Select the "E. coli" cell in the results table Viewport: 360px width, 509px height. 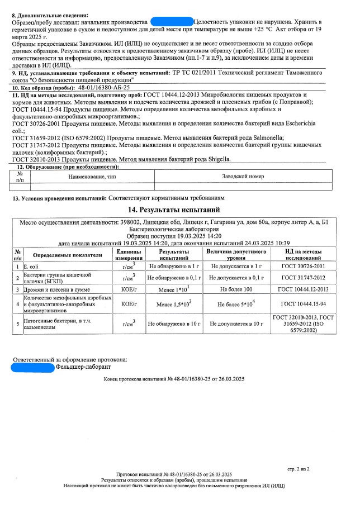click(33, 267)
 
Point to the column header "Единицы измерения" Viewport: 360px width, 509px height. click(129, 255)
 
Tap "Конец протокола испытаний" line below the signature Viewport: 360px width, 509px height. click(174, 379)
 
